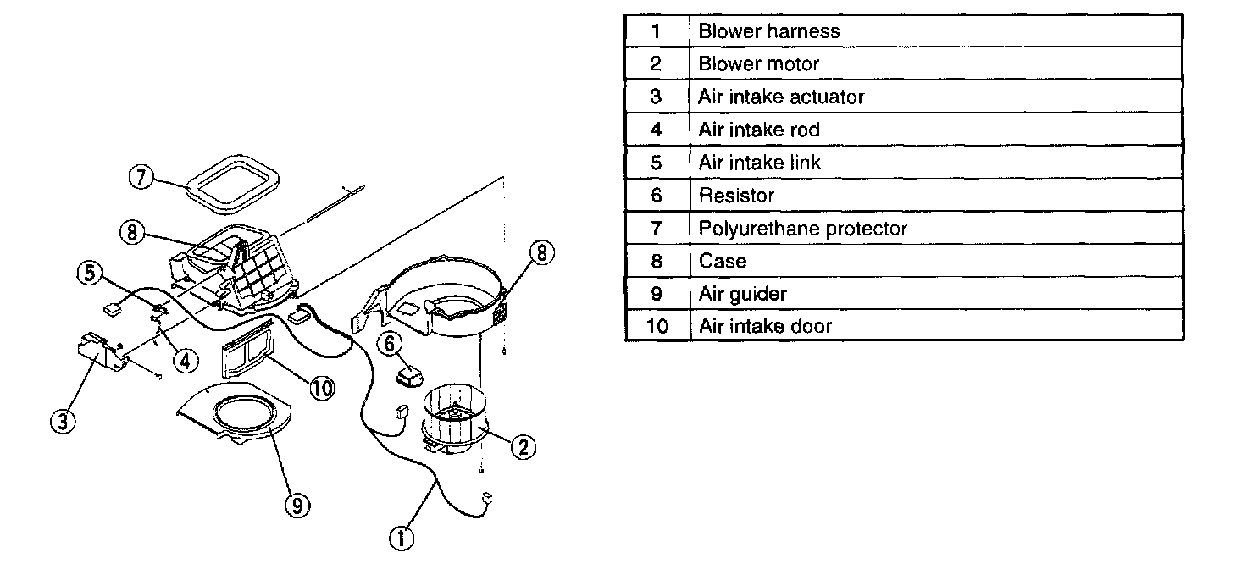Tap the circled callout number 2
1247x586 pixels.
click(x=523, y=447)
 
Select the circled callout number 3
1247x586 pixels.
click(x=61, y=420)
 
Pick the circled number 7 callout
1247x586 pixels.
click(x=141, y=178)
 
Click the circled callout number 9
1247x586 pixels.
click(x=295, y=506)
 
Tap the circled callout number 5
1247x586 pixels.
click(x=89, y=273)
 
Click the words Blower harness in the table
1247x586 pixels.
click(x=769, y=31)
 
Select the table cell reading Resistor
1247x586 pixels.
click(x=736, y=196)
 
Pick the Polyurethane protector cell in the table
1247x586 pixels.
click(x=802, y=229)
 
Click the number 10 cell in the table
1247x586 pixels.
click(x=657, y=326)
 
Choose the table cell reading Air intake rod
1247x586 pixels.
click(x=759, y=130)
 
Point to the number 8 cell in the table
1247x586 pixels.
click(x=657, y=261)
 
